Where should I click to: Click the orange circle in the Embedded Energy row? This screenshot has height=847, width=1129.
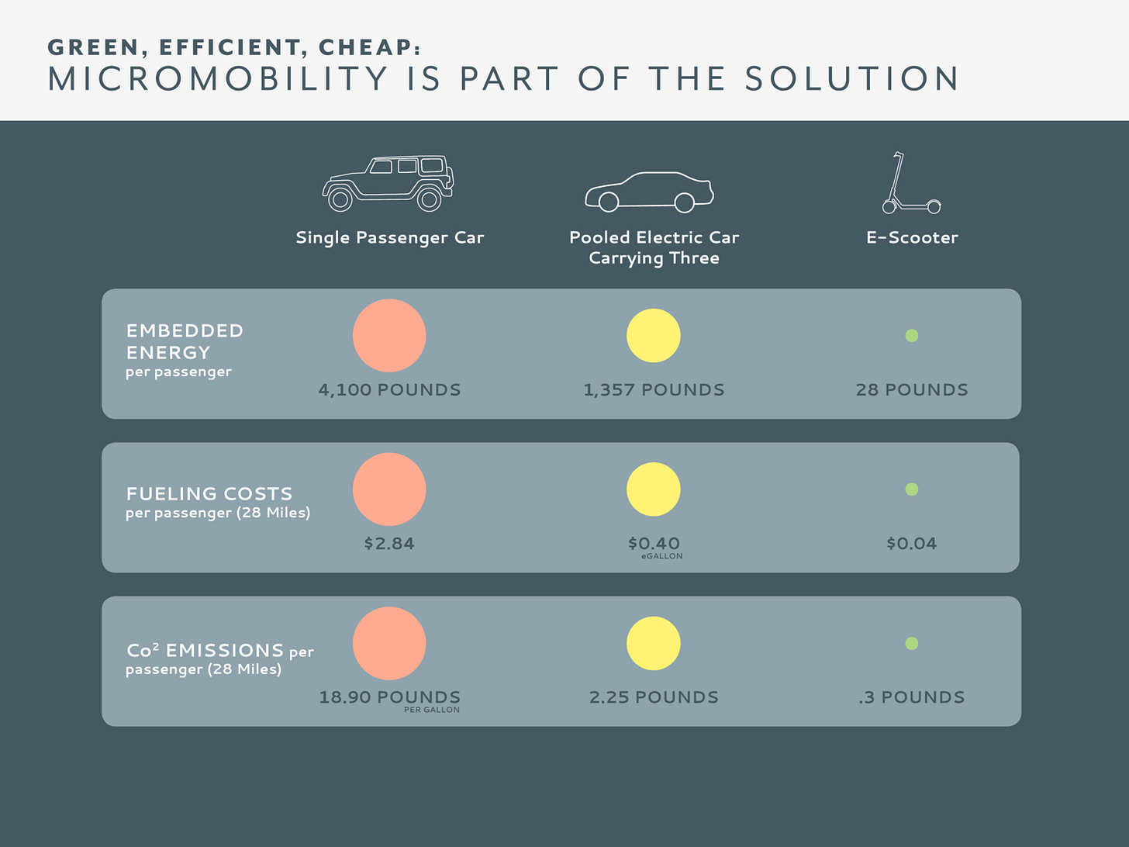(389, 335)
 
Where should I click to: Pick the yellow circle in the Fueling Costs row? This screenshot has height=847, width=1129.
(653, 489)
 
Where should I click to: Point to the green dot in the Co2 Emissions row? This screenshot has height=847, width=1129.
(911, 643)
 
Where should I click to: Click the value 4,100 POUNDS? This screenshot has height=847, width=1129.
(389, 390)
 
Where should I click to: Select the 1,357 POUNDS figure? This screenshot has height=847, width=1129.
(654, 390)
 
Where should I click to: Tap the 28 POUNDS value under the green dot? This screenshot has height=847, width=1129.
(912, 390)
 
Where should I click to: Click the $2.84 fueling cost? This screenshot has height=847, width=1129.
(389, 544)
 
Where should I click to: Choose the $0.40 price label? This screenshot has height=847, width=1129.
(654, 543)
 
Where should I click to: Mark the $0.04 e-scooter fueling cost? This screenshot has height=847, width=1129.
(912, 544)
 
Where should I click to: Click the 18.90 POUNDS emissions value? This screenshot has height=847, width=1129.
(389, 697)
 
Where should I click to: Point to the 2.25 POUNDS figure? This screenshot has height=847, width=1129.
(654, 697)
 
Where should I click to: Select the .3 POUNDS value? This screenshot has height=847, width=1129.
(911, 697)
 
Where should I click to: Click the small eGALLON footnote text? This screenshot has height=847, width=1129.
(662, 556)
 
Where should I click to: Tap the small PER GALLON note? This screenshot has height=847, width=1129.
(432, 710)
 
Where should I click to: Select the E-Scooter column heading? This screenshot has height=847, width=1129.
(912, 237)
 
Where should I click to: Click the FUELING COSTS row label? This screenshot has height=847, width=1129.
(209, 494)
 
